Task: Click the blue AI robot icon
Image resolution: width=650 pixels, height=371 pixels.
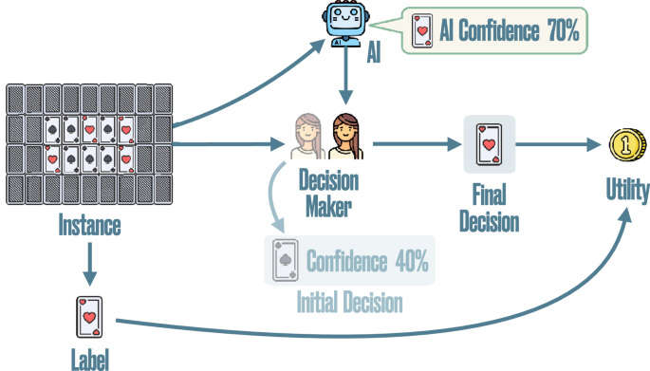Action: pos(345,24)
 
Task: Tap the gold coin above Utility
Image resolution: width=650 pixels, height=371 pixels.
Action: pos(628,147)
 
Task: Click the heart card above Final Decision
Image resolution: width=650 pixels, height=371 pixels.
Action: pos(490,145)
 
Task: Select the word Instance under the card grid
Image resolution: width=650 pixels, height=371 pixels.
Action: pos(90,228)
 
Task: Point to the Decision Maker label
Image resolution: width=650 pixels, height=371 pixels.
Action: pos(327,191)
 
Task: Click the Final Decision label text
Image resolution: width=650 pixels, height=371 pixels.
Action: pos(490,210)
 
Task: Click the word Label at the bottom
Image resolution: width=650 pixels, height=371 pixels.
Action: pos(90,360)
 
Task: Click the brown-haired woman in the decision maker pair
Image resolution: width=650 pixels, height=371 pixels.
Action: pos(345,139)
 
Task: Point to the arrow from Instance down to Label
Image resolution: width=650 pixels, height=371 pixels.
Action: pos(90,263)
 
